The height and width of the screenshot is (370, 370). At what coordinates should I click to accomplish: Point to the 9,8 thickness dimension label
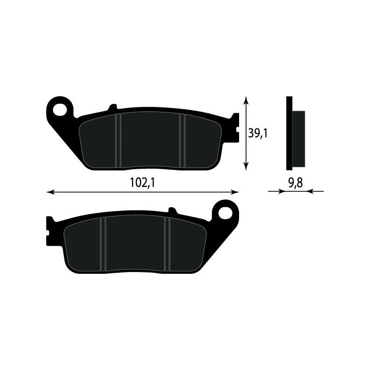click(295, 183)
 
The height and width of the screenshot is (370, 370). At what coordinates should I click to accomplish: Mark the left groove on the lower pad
click(104, 244)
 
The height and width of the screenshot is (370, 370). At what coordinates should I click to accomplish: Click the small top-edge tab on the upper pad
click(111, 108)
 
